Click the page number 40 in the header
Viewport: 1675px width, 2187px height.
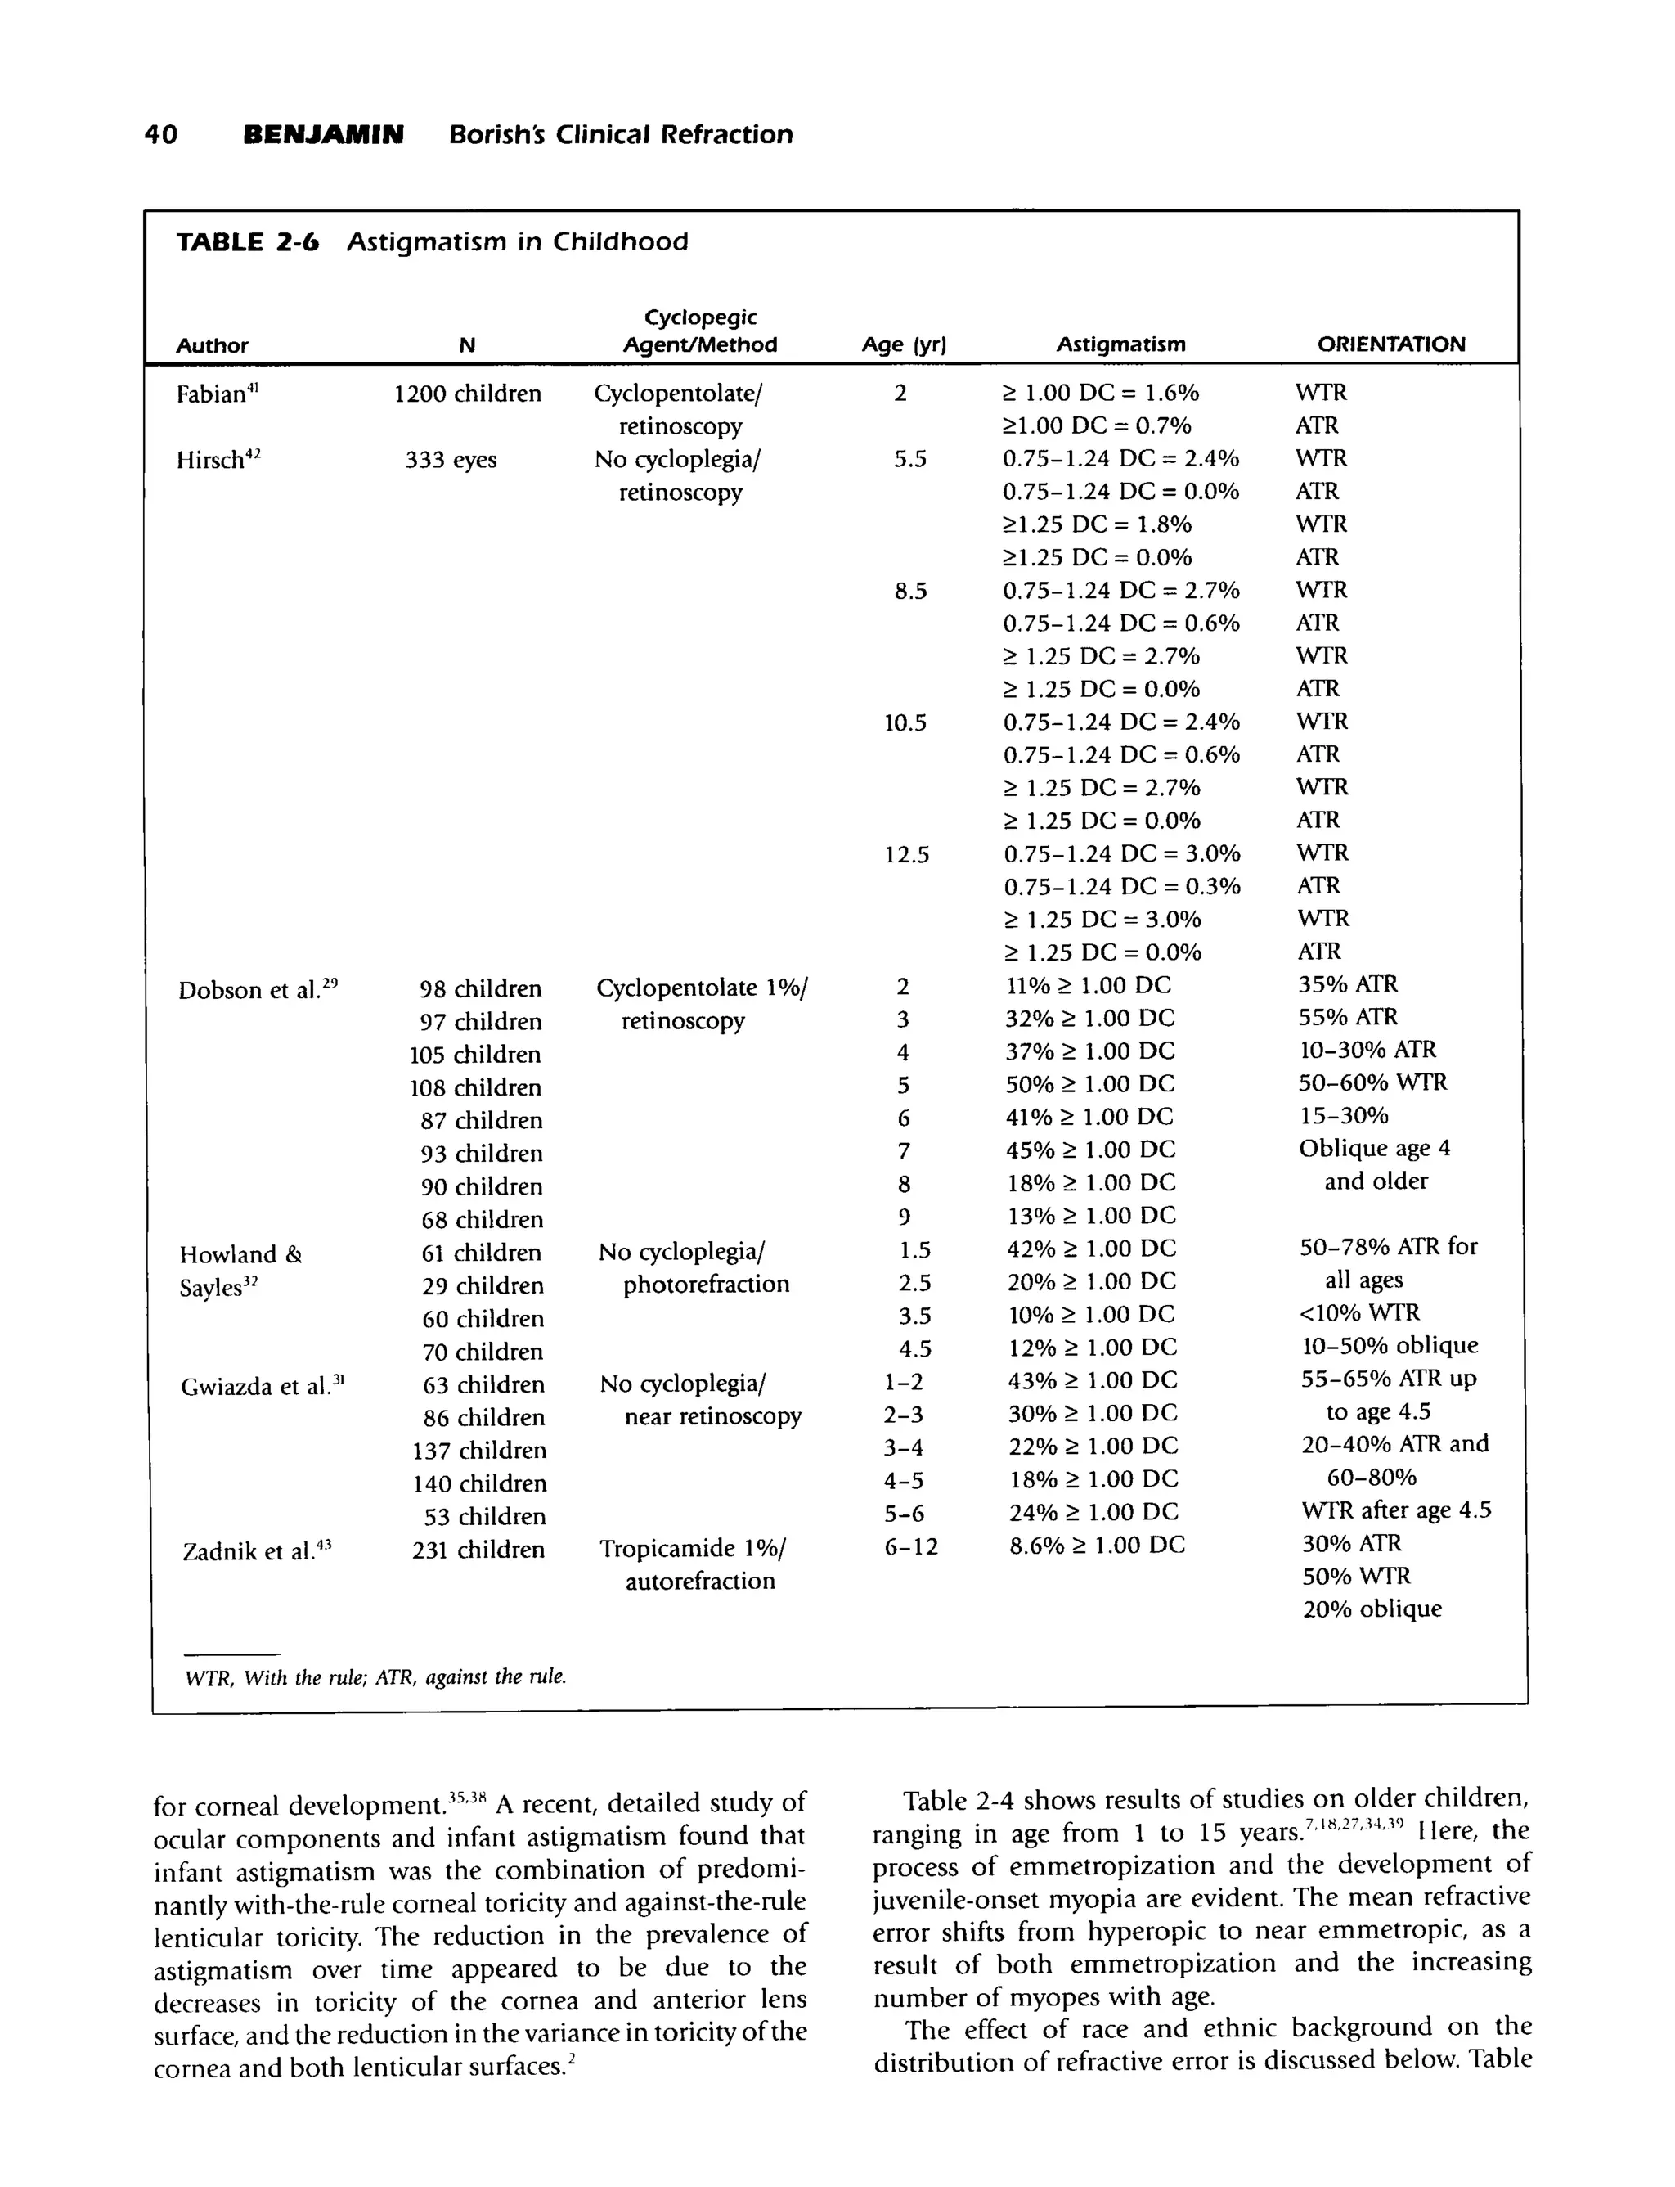point(161,135)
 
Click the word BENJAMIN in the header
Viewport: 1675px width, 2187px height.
point(324,135)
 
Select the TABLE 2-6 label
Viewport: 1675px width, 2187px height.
point(247,242)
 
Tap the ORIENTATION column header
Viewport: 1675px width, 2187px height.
point(1391,345)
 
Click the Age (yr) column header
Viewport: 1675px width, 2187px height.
point(903,345)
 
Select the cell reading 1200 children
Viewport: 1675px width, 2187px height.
point(468,394)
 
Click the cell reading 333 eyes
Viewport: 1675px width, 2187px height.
point(451,460)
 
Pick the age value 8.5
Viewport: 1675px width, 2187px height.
point(910,592)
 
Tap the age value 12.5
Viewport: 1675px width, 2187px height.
point(906,855)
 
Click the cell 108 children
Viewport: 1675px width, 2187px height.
point(475,1088)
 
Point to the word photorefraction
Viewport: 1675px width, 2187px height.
point(706,1285)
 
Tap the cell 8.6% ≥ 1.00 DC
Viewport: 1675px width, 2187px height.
point(1097,1546)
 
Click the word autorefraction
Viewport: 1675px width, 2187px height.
point(700,1581)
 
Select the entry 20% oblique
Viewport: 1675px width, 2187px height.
point(1372,1609)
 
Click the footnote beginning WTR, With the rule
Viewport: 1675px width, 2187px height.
point(376,1677)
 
